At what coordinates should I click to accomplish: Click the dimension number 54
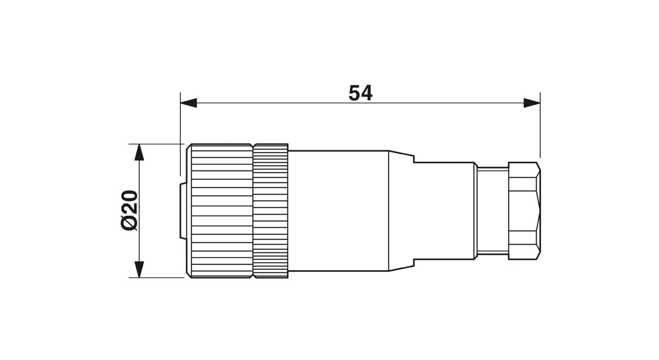point(360,93)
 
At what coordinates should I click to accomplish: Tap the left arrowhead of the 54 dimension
point(188,103)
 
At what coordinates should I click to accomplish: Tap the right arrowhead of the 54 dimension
point(532,103)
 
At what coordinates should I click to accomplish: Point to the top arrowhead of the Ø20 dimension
point(139,152)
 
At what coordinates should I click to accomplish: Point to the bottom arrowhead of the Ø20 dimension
point(139,269)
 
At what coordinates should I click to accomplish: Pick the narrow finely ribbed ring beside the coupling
point(271,211)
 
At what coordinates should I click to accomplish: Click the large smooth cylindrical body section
point(338,211)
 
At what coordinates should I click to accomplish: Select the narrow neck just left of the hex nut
point(492,211)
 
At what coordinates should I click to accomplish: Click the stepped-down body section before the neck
point(444,211)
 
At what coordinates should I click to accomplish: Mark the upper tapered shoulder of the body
point(401,154)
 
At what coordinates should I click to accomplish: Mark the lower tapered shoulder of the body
point(401,267)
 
